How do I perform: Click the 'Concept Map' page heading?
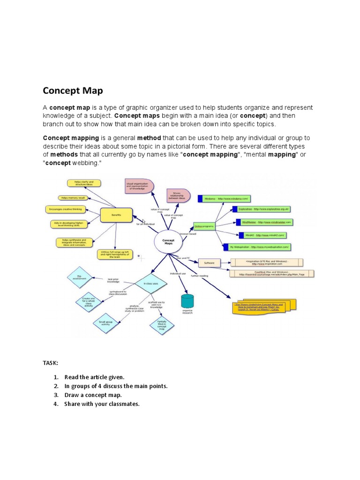tap(73, 90)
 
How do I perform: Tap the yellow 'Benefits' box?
tap(116, 215)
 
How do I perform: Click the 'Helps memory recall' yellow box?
tap(72, 198)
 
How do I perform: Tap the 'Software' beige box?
tap(209, 263)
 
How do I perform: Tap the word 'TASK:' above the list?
tap(51, 363)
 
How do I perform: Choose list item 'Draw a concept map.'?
tap(93, 395)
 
